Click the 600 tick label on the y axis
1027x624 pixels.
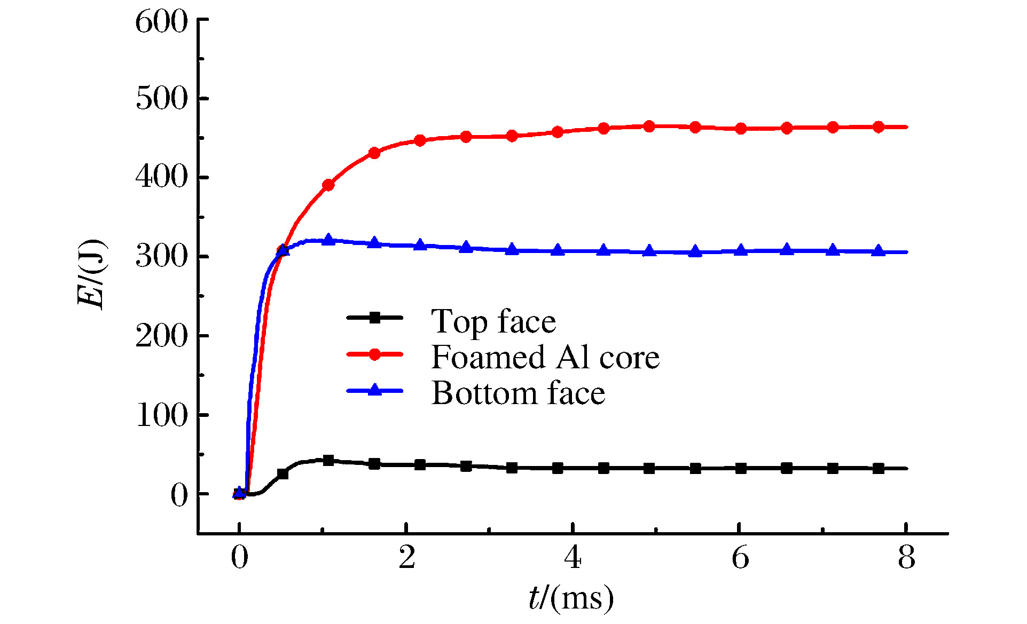click(x=161, y=22)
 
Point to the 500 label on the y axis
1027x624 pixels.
click(x=161, y=99)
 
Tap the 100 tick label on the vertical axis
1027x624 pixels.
click(x=161, y=415)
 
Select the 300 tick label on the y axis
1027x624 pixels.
click(x=161, y=257)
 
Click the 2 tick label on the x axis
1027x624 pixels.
click(x=407, y=558)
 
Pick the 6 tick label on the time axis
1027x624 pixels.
click(x=740, y=558)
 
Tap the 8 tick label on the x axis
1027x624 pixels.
click(x=906, y=558)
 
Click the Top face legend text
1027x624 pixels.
click(x=493, y=321)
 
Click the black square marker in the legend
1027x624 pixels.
click(x=375, y=318)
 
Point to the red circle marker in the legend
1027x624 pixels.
click(x=375, y=354)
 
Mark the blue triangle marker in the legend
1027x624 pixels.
click(x=375, y=390)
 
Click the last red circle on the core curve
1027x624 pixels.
click(x=878, y=127)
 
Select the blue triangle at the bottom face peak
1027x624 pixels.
click(x=328, y=240)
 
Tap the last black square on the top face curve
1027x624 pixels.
click(x=878, y=469)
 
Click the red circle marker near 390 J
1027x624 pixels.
click(x=328, y=185)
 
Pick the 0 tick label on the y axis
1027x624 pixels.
click(x=179, y=495)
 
